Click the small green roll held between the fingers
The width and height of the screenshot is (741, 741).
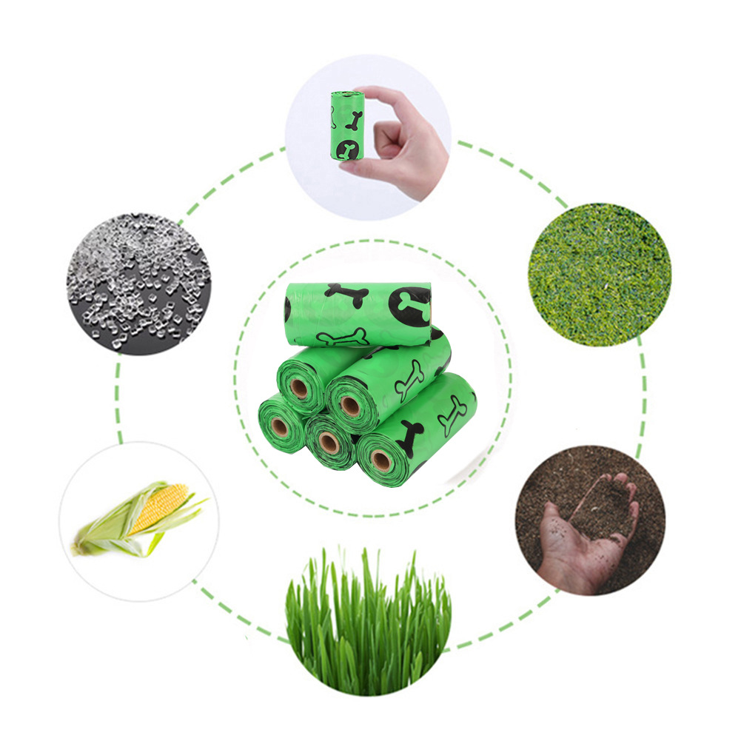[x=347, y=126]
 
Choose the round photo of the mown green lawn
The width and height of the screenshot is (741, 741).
[x=600, y=275]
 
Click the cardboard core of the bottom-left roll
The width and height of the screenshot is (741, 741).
[x=280, y=426]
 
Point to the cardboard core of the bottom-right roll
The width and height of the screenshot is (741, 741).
[x=382, y=460]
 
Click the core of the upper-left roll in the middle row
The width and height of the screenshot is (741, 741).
[x=300, y=387]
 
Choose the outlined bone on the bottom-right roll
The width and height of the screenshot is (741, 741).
[x=452, y=415]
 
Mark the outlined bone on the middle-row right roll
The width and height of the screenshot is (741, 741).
[x=409, y=379]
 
